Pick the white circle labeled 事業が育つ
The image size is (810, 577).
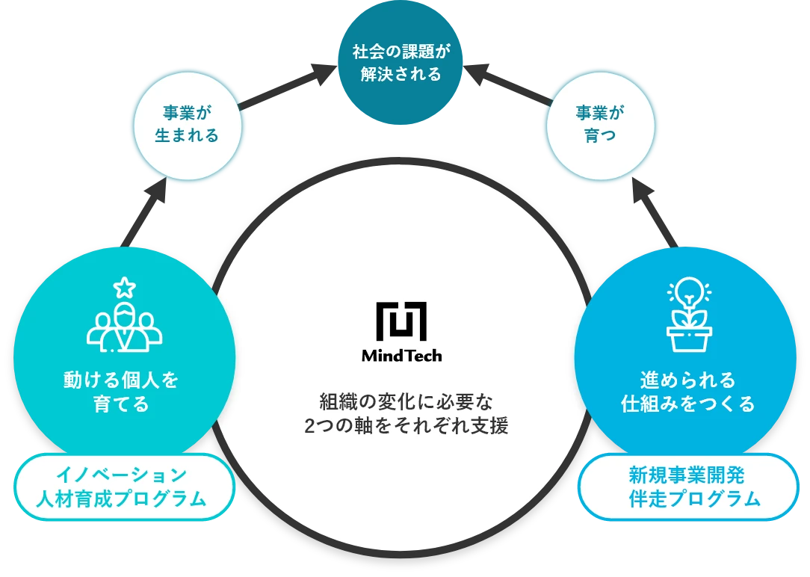[x=600, y=124]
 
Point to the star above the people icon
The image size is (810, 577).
[x=125, y=286]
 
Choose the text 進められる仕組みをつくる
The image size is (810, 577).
[x=687, y=392]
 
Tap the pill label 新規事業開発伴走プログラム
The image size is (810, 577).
[x=687, y=487]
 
